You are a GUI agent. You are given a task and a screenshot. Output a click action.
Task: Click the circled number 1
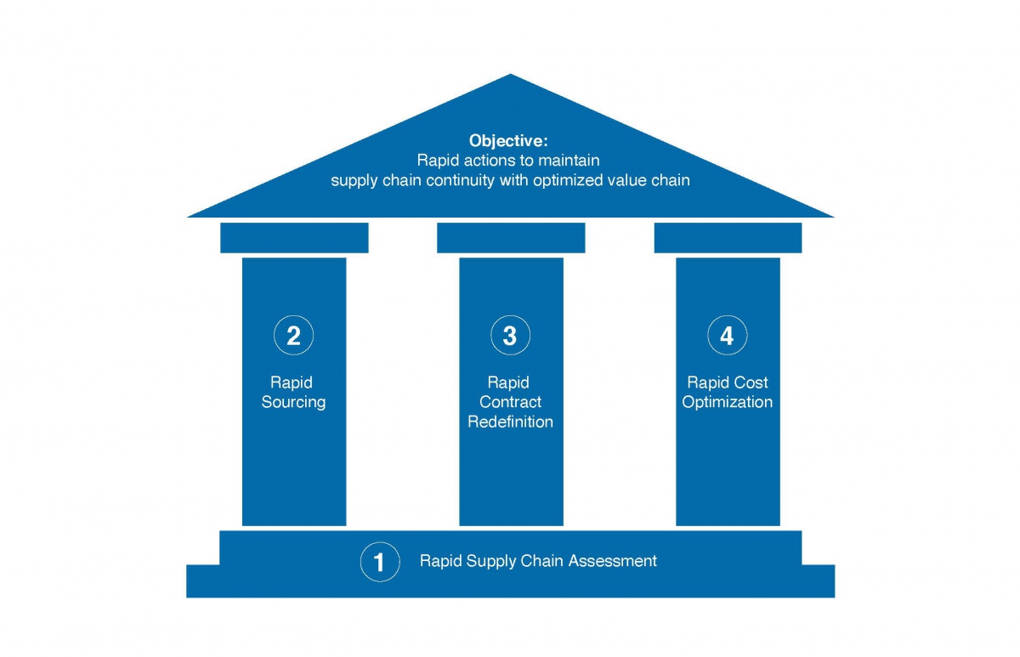(x=380, y=562)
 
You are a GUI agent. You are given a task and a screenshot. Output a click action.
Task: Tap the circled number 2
(x=294, y=336)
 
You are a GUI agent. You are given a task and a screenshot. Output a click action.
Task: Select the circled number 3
(x=511, y=336)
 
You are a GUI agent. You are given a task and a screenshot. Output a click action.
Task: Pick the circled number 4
(x=728, y=336)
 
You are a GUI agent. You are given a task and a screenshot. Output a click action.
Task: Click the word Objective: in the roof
(x=508, y=141)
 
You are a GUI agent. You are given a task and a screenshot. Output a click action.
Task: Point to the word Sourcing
(x=294, y=402)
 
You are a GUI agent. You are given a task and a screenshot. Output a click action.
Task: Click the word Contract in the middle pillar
(x=511, y=402)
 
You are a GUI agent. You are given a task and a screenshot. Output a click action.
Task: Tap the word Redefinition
(x=511, y=422)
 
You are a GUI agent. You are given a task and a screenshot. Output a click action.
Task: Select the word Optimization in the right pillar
(x=728, y=402)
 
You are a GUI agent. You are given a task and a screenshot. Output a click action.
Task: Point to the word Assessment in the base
(x=613, y=560)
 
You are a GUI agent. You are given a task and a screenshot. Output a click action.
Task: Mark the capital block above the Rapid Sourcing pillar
(x=294, y=238)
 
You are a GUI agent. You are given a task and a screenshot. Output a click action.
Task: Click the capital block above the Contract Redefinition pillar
(x=511, y=238)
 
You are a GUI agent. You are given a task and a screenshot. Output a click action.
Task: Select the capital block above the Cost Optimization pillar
(x=728, y=238)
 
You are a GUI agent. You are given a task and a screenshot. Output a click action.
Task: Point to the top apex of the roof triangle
(x=511, y=74)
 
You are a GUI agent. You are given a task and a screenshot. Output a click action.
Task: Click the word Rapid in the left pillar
(x=292, y=382)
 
